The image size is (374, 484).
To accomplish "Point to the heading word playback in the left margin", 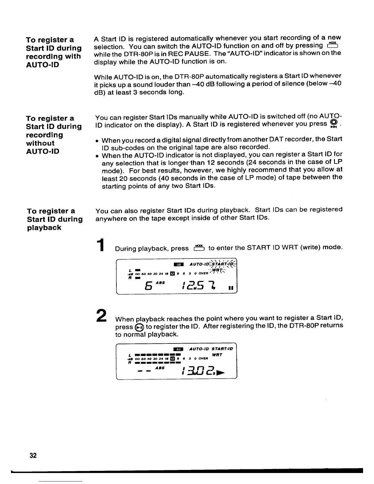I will coord(44,228).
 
